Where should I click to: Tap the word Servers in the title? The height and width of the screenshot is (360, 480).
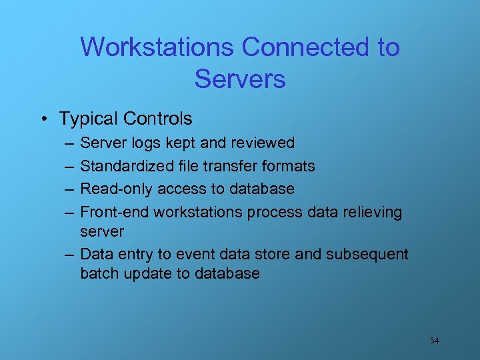tap(240, 79)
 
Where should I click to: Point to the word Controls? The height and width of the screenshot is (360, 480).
tap(158, 119)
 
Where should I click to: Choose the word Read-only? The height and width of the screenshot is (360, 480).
tap(116, 189)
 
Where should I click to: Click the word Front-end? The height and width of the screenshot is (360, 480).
tap(115, 212)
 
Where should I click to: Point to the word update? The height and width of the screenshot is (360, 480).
tap(147, 274)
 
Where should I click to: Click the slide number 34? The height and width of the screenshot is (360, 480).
tap(434, 341)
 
